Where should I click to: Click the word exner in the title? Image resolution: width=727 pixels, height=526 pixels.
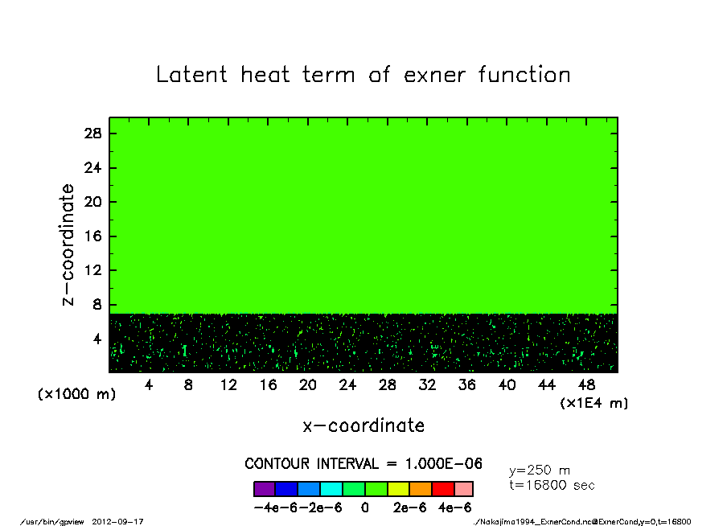point(434,75)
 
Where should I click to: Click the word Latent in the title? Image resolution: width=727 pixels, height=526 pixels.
point(191,74)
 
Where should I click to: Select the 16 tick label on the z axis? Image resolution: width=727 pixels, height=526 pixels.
point(92,236)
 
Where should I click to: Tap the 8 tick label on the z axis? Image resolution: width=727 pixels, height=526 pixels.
point(97,305)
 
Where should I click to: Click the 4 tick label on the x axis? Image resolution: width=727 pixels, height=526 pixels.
point(148,385)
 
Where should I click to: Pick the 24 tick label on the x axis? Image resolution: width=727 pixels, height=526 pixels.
point(347,385)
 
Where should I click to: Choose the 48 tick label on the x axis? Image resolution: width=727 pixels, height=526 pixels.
point(586,385)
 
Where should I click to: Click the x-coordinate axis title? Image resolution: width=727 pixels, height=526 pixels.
point(363,425)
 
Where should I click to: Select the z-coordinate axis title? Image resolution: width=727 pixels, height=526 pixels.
point(68,245)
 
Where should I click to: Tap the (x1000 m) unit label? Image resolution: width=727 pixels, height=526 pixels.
point(76,394)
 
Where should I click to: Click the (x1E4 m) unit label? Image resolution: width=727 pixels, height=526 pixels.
point(594,403)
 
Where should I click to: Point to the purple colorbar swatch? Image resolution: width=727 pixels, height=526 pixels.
point(265,489)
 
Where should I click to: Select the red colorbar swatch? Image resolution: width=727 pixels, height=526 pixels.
point(443,489)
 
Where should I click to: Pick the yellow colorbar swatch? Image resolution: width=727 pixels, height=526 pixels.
point(399,489)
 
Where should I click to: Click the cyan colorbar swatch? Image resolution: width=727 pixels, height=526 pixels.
point(331,489)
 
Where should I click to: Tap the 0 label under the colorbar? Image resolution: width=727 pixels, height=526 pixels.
point(365,508)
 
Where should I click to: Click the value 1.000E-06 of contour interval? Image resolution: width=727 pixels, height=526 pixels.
point(444,463)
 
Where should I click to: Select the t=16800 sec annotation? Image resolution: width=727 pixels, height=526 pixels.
point(552,485)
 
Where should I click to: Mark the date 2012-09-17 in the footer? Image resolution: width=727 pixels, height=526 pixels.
point(117,521)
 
